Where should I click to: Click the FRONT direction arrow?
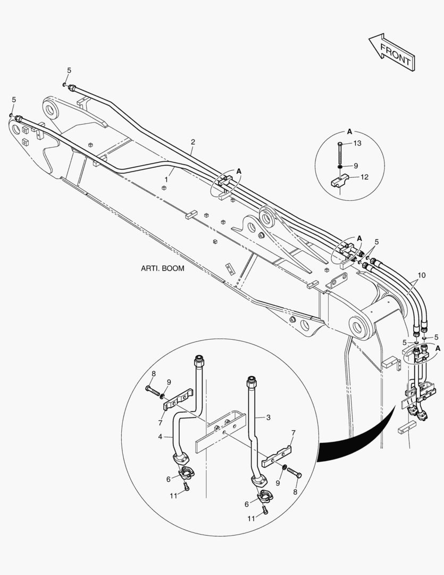(391, 52)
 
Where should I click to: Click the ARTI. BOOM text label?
(163, 268)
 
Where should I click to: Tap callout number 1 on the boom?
(166, 180)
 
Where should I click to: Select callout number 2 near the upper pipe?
(193, 142)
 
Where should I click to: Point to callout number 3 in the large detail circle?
(269, 417)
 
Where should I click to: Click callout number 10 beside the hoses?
(421, 275)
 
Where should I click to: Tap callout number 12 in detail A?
(364, 177)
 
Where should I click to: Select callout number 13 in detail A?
(357, 143)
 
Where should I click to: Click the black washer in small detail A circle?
(340, 166)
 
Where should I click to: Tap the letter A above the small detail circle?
(349, 131)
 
